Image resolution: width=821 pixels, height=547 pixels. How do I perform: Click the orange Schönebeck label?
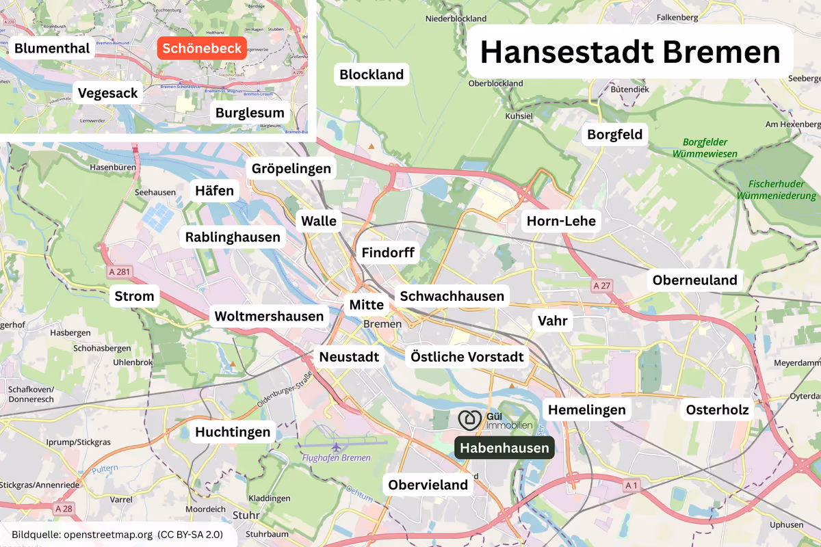202,49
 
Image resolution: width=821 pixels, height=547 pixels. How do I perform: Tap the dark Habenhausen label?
504,448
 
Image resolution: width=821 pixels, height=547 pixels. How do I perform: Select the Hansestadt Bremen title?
629,52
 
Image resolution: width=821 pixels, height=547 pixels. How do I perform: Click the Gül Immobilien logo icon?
470,420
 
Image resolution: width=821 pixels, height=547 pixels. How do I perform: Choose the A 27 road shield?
601,285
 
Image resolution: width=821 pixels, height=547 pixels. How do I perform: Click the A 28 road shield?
62,509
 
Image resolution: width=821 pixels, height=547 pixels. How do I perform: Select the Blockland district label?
372,75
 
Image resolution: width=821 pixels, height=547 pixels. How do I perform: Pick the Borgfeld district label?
615,135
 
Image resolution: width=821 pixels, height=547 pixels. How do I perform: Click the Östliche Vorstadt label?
467,357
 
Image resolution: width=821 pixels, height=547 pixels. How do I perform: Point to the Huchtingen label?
233,432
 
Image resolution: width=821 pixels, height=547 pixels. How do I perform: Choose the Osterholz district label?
717,410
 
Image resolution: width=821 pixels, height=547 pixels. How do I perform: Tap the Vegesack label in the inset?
108,93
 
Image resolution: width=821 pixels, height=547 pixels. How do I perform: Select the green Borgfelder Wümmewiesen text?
705,148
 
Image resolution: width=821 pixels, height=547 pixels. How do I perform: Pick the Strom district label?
134,297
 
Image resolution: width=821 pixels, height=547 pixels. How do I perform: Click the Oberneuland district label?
694,280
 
